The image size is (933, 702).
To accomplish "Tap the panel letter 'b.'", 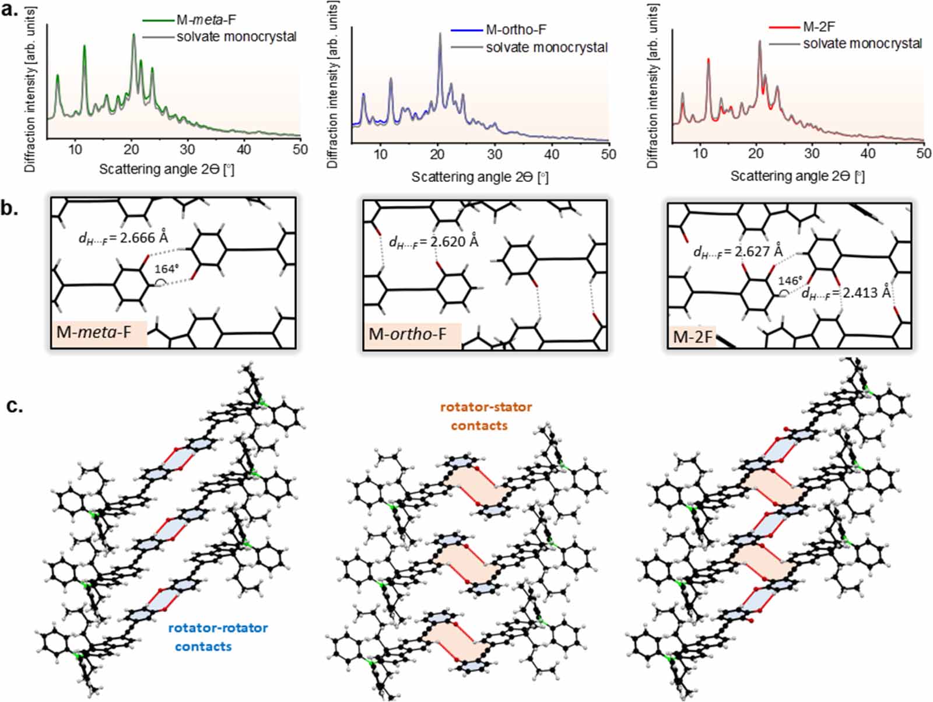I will click(10, 209).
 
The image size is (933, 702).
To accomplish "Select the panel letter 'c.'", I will click(14, 406).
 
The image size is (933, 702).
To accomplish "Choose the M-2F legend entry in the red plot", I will click(819, 27).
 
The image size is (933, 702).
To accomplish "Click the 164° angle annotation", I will click(166, 269).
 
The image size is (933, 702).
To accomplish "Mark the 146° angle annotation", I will click(790, 280).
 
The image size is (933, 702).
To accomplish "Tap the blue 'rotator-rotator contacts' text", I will click(218, 637).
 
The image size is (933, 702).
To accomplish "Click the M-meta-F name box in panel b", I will click(99, 333).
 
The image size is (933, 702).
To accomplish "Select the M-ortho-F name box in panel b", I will click(412, 335).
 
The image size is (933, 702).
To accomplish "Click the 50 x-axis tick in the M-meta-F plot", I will click(300, 149).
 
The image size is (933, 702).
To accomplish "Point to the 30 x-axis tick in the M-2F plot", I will click(812, 153).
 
